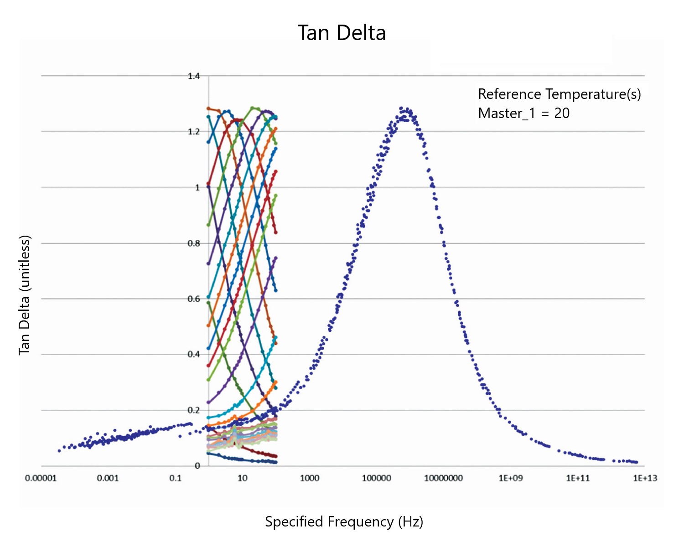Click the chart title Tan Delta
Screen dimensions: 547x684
pyautogui.click(x=342, y=33)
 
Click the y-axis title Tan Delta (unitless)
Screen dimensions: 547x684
pyautogui.click(x=24, y=295)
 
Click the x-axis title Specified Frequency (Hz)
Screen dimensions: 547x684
pyautogui.click(x=344, y=521)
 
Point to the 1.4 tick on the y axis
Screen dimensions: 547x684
pyautogui.click(x=194, y=76)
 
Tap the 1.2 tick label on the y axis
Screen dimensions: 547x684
pyautogui.click(x=194, y=132)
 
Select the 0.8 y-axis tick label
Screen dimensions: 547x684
pyautogui.click(x=194, y=243)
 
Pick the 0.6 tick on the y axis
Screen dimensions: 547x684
pyautogui.click(x=194, y=299)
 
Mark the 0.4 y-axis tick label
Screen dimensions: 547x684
pyautogui.click(x=194, y=355)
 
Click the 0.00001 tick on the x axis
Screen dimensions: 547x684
pyautogui.click(x=41, y=478)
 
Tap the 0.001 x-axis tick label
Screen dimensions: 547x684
pyautogui.click(x=108, y=478)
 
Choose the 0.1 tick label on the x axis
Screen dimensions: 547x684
pyautogui.click(x=175, y=478)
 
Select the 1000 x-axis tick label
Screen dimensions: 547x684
pyautogui.click(x=310, y=478)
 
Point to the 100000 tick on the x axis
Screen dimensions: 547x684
pyautogui.click(x=377, y=478)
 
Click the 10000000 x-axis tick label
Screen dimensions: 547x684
pyautogui.click(x=444, y=478)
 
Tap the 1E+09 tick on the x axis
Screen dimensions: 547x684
pyautogui.click(x=511, y=478)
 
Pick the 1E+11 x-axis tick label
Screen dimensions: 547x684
pyautogui.click(x=578, y=478)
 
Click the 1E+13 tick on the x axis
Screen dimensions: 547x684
pyautogui.click(x=645, y=478)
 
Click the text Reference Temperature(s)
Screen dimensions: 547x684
pyautogui.click(x=560, y=94)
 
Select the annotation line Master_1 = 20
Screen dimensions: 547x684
pyautogui.click(x=524, y=113)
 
